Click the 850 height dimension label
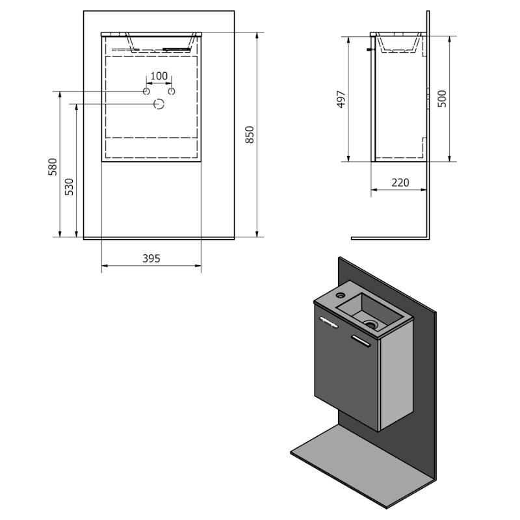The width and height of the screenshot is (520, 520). click(250, 135)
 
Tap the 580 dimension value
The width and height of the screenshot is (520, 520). click(53, 167)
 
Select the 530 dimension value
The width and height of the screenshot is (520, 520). click(69, 187)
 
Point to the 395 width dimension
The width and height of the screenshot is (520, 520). click(151, 258)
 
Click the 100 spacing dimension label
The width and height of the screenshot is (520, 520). click(159, 76)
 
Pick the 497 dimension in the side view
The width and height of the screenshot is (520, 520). click(341, 99)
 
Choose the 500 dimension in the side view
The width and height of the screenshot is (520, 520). click(442, 99)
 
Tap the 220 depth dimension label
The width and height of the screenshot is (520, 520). click(400, 183)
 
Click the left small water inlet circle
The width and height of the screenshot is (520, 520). click(146, 91)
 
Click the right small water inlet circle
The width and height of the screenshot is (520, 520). click(172, 91)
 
